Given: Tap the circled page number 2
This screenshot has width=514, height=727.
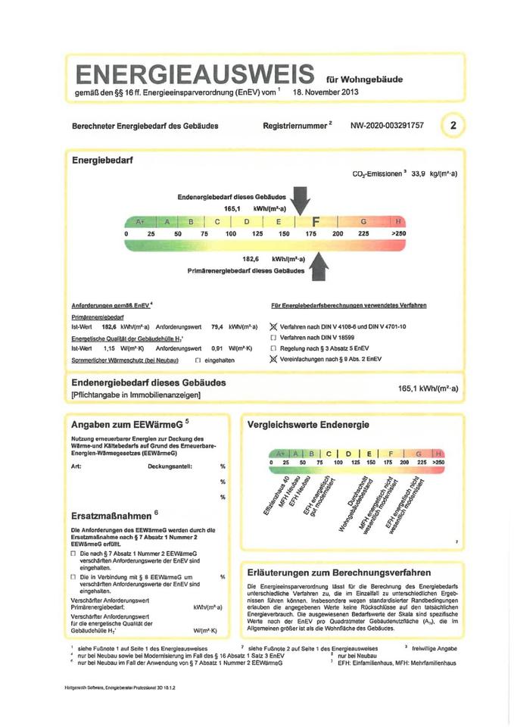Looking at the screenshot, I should (x=453, y=126).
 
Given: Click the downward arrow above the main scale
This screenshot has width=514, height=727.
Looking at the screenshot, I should (x=301, y=202).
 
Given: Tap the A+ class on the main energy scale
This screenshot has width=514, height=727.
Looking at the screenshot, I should (x=140, y=222).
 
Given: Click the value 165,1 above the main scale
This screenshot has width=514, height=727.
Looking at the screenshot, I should (x=232, y=207).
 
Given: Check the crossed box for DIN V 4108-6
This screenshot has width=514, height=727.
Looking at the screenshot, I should (x=274, y=326).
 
